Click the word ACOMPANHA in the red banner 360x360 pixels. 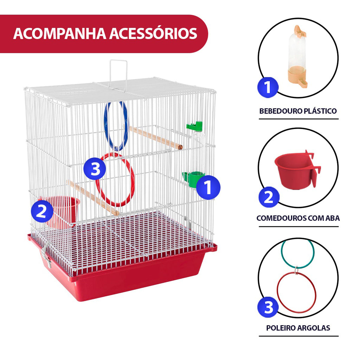tap(60, 33)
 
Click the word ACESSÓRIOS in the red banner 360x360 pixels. tap(153, 33)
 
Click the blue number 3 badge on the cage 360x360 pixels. tap(95, 169)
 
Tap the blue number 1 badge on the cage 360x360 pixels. tap(208, 187)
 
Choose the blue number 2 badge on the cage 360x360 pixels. tap(41, 211)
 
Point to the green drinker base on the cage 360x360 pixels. tap(193, 179)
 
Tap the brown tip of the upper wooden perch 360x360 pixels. tap(180, 147)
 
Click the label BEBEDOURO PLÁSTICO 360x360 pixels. tap(298, 111)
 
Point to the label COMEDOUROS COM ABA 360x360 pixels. tap(298, 218)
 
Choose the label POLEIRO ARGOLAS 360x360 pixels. tap(298, 328)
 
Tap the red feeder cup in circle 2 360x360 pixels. tap(297, 170)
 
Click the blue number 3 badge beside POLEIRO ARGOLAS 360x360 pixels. tap(268, 307)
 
